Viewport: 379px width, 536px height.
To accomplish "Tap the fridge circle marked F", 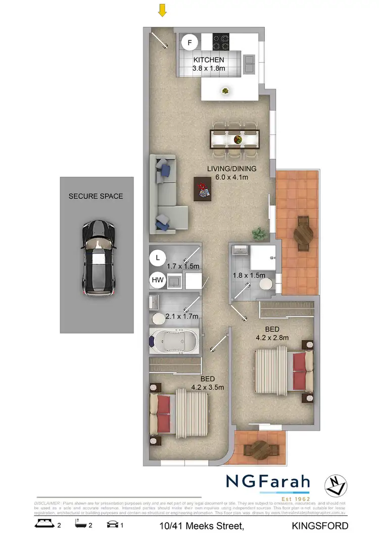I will point(189,42).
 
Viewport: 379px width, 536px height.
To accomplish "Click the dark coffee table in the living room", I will point(203,189).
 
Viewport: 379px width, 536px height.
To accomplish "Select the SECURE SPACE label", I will point(96,196).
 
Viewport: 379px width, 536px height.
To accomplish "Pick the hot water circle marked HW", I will point(158,279).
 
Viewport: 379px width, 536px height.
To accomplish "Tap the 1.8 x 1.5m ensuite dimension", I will point(249,275).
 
